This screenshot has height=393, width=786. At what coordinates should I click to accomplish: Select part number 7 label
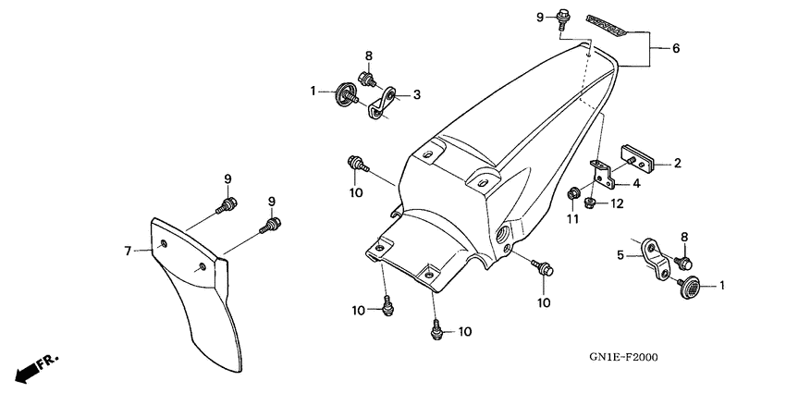[129, 249]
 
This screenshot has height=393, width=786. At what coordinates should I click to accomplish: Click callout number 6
[676, 48]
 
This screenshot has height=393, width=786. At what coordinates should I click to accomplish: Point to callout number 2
[677, 164]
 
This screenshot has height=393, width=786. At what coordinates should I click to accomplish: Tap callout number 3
[417, 94]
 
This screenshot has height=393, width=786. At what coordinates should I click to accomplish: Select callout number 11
[571, 217]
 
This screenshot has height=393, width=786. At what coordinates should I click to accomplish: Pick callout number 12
[617, 203]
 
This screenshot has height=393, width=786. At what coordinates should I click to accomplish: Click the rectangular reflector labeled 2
[637, 157]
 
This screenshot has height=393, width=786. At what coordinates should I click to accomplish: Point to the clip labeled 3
[382, 104]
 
